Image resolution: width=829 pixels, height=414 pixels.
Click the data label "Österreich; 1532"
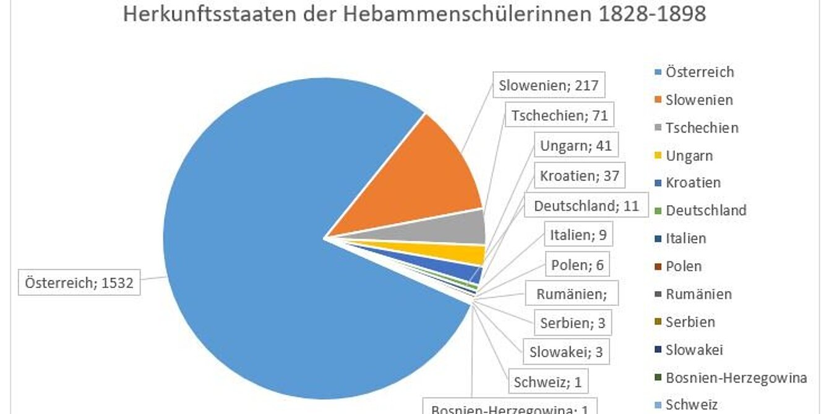pos(79,284)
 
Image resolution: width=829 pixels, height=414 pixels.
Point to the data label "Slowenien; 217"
pos(549,85)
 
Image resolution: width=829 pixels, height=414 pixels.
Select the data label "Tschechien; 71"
pos(559,114)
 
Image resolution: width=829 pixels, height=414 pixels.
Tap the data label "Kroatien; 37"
pos(579,175)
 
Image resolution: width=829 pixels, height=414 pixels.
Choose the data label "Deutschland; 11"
pos(586,205)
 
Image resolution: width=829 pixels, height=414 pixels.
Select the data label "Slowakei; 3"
pos(565,352)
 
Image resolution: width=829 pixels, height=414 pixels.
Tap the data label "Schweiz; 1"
pos(548,382)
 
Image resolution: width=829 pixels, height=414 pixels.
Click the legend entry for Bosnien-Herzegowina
pos(736,378)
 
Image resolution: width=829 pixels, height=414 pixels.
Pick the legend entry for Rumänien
pos(698,294)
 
